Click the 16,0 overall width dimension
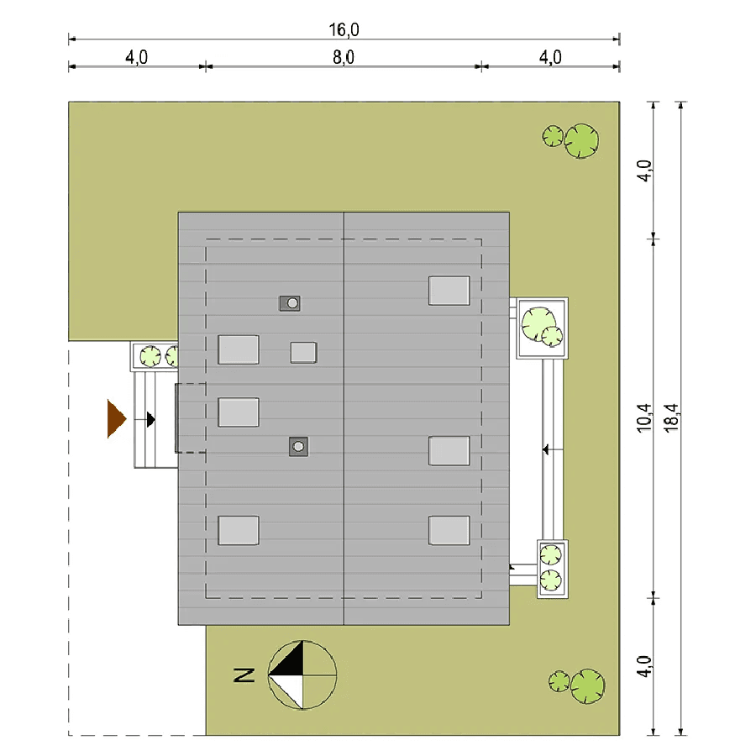[344, 30]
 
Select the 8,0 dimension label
[344, 57]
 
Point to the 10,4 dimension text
[644, 417]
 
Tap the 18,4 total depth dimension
[670, 417]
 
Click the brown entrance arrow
[116, 418]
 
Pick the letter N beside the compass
[244, 675]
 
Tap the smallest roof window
[304, 353]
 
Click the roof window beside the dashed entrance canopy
[239, 412]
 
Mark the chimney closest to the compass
[298, 447]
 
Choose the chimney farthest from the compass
[290, 303]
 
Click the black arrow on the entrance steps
[150, 419]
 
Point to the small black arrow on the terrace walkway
[546, 449]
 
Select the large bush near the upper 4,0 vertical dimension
[581, 141]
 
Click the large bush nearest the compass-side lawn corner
[588, 686]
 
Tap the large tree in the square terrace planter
[538, 324]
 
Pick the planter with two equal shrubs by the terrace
[553, 569]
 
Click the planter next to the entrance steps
[155, 356]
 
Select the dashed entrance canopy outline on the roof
[191, 418]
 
